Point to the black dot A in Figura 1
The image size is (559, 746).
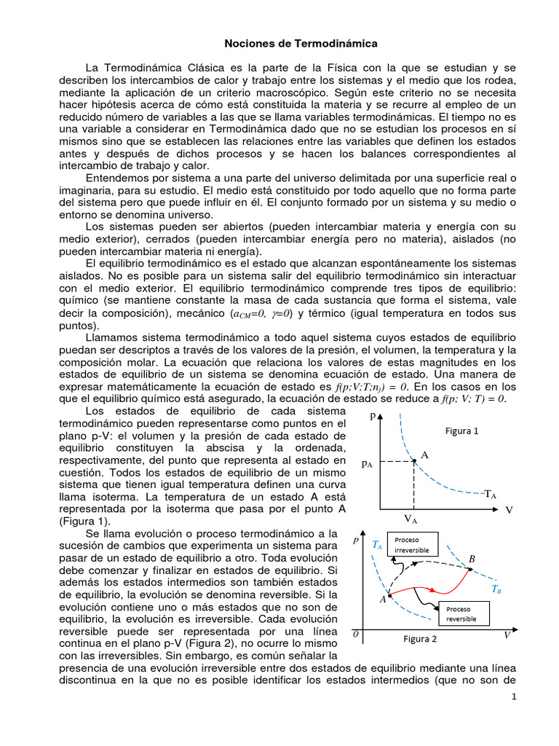[414, 460]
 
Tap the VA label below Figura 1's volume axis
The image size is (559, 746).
[411, 519]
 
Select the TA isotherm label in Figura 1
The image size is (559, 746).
[491, 494]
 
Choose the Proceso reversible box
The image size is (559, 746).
[461, 613]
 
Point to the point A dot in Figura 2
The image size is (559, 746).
[389, 595]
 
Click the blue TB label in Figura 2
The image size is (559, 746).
[496, 589]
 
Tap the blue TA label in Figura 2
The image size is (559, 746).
[376, 544]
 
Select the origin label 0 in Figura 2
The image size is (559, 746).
[356, 635]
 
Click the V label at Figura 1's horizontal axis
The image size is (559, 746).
[509, 510]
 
